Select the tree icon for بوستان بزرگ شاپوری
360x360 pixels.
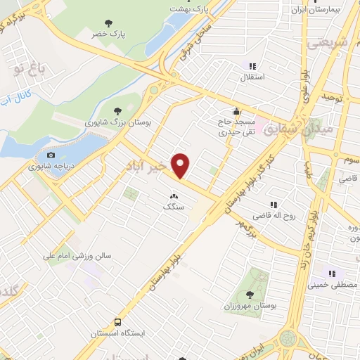(118, 110)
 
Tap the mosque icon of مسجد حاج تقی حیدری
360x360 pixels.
(238, 110)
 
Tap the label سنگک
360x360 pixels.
(173, 207)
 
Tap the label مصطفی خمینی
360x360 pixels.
(332, 285)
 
